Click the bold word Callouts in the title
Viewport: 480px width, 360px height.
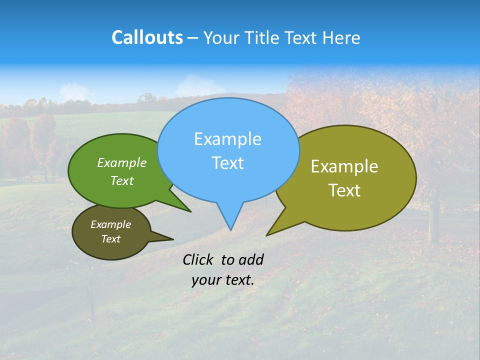pyautogui.click(x=147, y=37)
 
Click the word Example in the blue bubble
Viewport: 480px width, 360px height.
pyautogui.click(x=227, y=139)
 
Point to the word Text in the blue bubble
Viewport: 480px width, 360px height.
pyautogui.click(x=227, y=163)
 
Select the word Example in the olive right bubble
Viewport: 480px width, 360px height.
pyautogui.click(x=344, y=166)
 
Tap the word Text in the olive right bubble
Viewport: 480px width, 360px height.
pyautogui.click(x=344, y=190)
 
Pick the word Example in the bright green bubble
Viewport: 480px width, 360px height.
pyautogui.click(x=122, y=162)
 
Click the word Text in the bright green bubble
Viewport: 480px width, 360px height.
pyautogui.click(x=122, y=180)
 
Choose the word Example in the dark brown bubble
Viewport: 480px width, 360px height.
pyautogui.click(x=110, y=224)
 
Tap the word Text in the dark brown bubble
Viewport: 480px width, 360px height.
pyautogui.click(x=110, y=239)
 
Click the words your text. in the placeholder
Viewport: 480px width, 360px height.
pyautogui.click(x=223, y=280)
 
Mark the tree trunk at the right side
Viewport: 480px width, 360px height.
pyautogui.click(x=434, y=222)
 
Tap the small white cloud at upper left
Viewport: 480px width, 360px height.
pyautogui.click(x=76, y=91)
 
